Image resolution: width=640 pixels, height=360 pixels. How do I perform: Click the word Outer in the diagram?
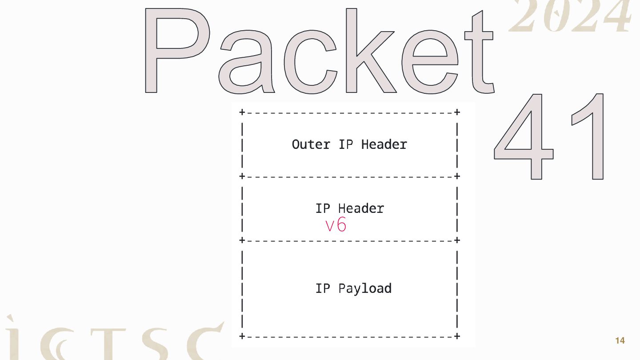click(x=311, y=144)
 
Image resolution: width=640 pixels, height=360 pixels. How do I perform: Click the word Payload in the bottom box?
click(x=365, y=289)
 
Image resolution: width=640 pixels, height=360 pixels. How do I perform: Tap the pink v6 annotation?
click(x=336, y=225)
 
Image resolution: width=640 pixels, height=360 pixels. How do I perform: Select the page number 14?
click(x=620, y=341)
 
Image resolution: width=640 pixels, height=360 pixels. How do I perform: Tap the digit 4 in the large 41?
click(x=524, y=138)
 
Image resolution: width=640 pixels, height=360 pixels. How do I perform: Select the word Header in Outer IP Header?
click(x=384, y=144)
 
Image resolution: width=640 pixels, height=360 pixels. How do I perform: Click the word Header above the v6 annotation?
click(x=361, y=208)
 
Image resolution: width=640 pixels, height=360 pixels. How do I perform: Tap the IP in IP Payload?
click(x=323, y=288)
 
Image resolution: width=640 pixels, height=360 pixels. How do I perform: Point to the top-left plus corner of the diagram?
click(x=242, y=112)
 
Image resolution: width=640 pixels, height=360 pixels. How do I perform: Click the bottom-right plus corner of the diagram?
click(x=457, y=336)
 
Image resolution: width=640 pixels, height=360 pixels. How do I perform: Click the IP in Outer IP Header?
click(x=345, y=144)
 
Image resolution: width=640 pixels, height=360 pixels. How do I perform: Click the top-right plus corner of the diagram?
click(x=457, y=112)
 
